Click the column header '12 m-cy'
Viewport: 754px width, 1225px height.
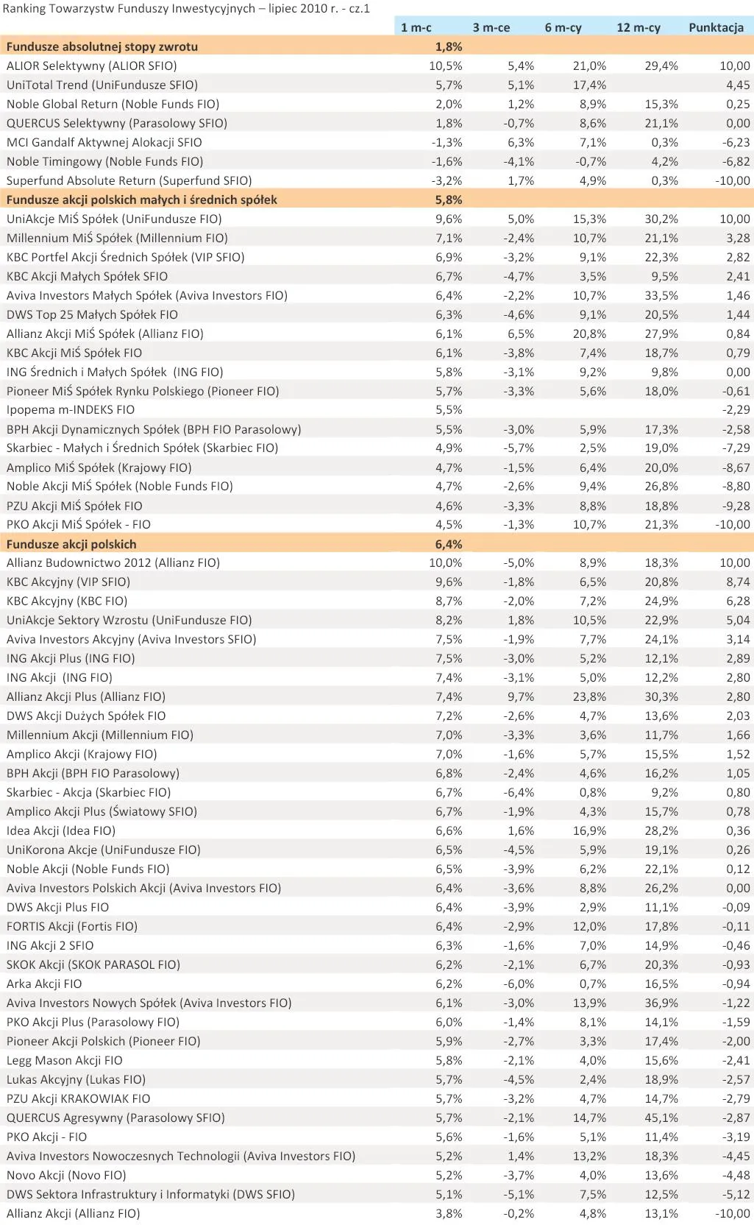click(x=638, y=27)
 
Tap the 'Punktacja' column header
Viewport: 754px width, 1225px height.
click(x=716, y=27)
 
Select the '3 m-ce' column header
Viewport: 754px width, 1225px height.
click(x=491, y=27)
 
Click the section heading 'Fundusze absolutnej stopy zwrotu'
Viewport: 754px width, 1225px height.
click(x=102, y=46)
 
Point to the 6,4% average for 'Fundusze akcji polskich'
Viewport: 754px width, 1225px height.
click(x=449, y=544)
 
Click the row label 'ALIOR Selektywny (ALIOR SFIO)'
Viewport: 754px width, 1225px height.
click(x=92, y=66)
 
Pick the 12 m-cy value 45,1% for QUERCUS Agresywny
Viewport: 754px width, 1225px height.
click(x=661, y=1118)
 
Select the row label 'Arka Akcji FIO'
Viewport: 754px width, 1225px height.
click(x=44, y=984)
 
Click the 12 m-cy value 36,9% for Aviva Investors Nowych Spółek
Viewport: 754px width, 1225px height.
click(x=661, y=1003)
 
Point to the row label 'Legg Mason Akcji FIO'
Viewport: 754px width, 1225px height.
click(x=65, y=1060)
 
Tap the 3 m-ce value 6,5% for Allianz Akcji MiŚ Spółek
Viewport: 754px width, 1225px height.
click(x=521, y=333)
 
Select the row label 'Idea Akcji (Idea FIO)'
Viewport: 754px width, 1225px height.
click(x=61, y=830)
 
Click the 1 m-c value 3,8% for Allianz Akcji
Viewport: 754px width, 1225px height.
click(x=449, y=1213)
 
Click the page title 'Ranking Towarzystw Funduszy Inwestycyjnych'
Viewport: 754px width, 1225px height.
click(x=129, y=9)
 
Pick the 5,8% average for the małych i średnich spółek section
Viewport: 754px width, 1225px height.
click(x=449, y=200)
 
